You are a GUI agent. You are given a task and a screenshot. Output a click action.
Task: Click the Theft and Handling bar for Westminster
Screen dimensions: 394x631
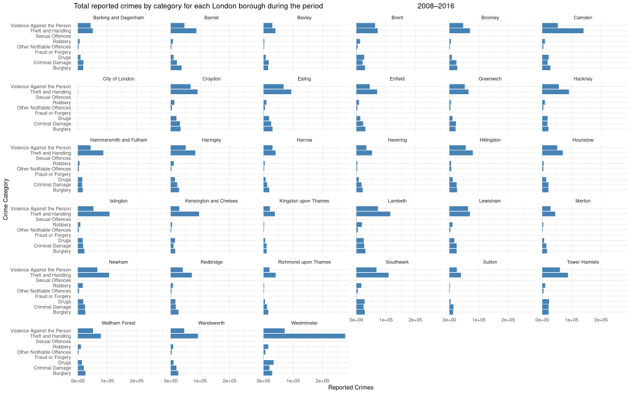coord(304,336)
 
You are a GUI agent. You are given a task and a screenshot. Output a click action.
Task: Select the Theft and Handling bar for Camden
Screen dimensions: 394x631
coord(562,31)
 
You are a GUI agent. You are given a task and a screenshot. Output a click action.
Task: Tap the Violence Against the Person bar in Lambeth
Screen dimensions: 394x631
coord(367,209)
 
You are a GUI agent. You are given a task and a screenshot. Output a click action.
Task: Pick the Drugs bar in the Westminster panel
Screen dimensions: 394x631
coord(268,363)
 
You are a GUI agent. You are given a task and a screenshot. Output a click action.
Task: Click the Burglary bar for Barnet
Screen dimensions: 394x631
coord(176,68)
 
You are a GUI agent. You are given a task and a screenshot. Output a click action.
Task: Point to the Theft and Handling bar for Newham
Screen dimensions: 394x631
coord(93,275)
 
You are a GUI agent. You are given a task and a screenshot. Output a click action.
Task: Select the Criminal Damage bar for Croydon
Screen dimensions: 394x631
coord(175,124)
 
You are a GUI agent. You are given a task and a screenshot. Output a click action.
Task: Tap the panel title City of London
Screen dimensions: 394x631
coord(118,79)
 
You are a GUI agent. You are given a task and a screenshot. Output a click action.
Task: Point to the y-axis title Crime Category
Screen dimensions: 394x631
coord(6,199)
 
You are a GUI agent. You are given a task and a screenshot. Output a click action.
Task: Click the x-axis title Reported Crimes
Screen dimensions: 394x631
coord(351,388)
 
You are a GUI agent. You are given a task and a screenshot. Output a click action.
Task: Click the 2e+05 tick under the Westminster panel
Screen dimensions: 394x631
coord(322,382)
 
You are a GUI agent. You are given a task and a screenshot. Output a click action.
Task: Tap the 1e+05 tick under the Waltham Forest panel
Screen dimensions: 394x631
coord(107,382)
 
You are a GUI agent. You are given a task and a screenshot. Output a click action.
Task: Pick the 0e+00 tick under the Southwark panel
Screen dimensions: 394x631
coord(357,320)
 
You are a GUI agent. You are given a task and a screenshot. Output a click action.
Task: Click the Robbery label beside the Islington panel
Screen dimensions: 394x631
coord(62,225)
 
